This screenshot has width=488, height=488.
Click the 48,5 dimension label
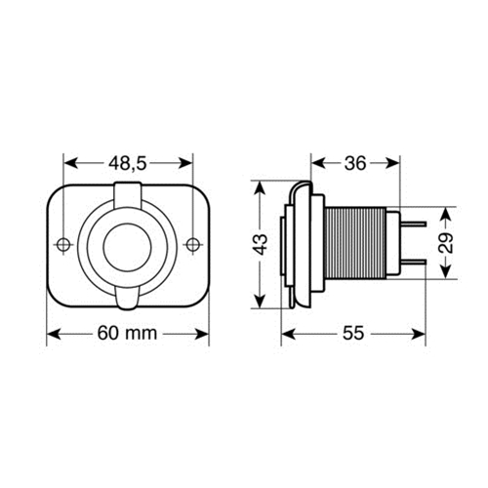click(x=129, y=163)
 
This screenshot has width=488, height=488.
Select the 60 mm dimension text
click(x=128, y=334)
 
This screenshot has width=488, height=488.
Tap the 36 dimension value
click(x=355, y=163)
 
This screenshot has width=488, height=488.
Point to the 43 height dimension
click(x=261, y=244)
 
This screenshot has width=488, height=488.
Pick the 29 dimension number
click(x=444, y=244)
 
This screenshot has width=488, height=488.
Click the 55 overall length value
click(x=353, y=334)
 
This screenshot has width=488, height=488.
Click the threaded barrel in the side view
click(x=359, y=244)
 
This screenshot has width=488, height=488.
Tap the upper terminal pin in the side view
click(x=415, y=222)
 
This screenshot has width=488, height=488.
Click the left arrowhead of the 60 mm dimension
click(x=53, y=334)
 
